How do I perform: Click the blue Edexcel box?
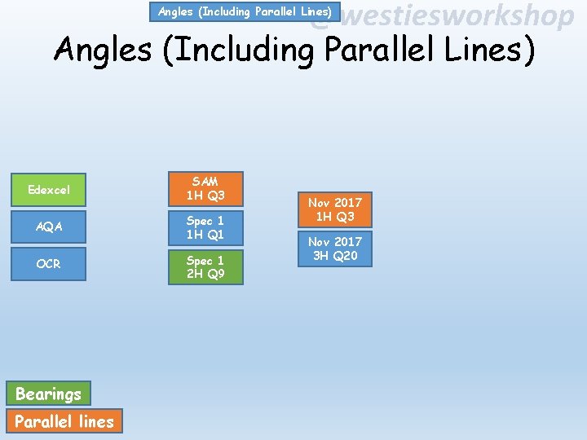(49, 190)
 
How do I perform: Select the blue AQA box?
(49, 227)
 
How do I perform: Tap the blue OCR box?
(49, 264)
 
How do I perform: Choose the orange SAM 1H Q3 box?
(205, 189)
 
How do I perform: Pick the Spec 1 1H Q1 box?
(205, 227)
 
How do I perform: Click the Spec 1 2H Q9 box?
(205, 267)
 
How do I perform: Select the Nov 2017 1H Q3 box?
(334, 209)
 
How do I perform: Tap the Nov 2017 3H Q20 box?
(334, 249)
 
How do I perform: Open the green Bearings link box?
(49, 394)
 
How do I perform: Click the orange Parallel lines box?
(64, 421)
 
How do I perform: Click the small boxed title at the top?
(245, 12)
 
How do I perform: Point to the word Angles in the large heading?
(103, 51)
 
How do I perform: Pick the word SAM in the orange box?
(205, 182)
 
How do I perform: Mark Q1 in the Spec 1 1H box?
(214, 235)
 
